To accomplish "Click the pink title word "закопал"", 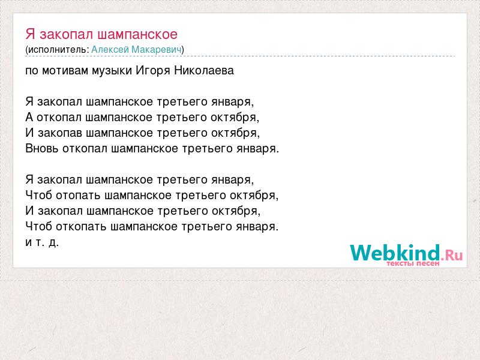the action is [x=67, y=35].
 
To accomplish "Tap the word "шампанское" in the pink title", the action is [x=137, y=35].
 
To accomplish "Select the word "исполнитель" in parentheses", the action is [x=56, y=50].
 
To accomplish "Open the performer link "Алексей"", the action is [x=110, y=49].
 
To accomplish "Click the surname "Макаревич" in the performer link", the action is [x=157, y=49].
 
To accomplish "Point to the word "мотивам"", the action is [x=65, y=71].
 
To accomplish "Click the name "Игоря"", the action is [x=153, y=71].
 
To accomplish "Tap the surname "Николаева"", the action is [x=204, y=70].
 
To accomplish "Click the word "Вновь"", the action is [x=42, y=148].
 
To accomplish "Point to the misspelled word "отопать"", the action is [x=78, y=196].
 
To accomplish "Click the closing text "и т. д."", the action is [x=42, y=242].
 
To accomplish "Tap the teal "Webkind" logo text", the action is [x=395, y=253].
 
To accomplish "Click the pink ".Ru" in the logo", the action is [x=452, y=254].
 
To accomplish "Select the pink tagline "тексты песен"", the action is [x=413, y=263].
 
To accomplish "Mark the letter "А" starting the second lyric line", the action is [x=29, y=117].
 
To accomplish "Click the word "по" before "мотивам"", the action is [x=32, y=71].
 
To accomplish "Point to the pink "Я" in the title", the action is [x=31, y=34].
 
